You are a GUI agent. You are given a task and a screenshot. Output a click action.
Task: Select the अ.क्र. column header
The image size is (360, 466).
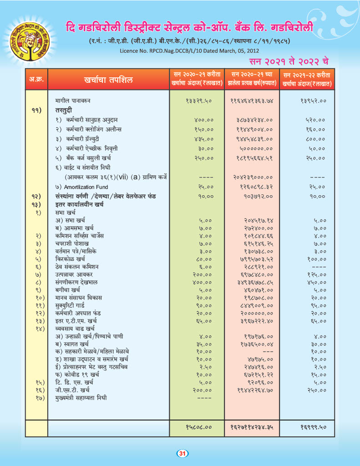coord(37,80)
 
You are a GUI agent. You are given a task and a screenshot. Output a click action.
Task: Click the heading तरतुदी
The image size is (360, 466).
coord(65,110)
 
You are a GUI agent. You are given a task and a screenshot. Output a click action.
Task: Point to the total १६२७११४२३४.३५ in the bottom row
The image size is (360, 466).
coord(251,427)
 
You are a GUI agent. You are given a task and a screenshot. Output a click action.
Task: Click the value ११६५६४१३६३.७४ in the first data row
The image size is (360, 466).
coord(251,101)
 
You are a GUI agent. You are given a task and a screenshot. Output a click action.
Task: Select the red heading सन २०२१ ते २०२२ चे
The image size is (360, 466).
coord(289,61)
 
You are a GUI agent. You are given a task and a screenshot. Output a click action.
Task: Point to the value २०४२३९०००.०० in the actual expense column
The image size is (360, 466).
coord(252,177)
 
